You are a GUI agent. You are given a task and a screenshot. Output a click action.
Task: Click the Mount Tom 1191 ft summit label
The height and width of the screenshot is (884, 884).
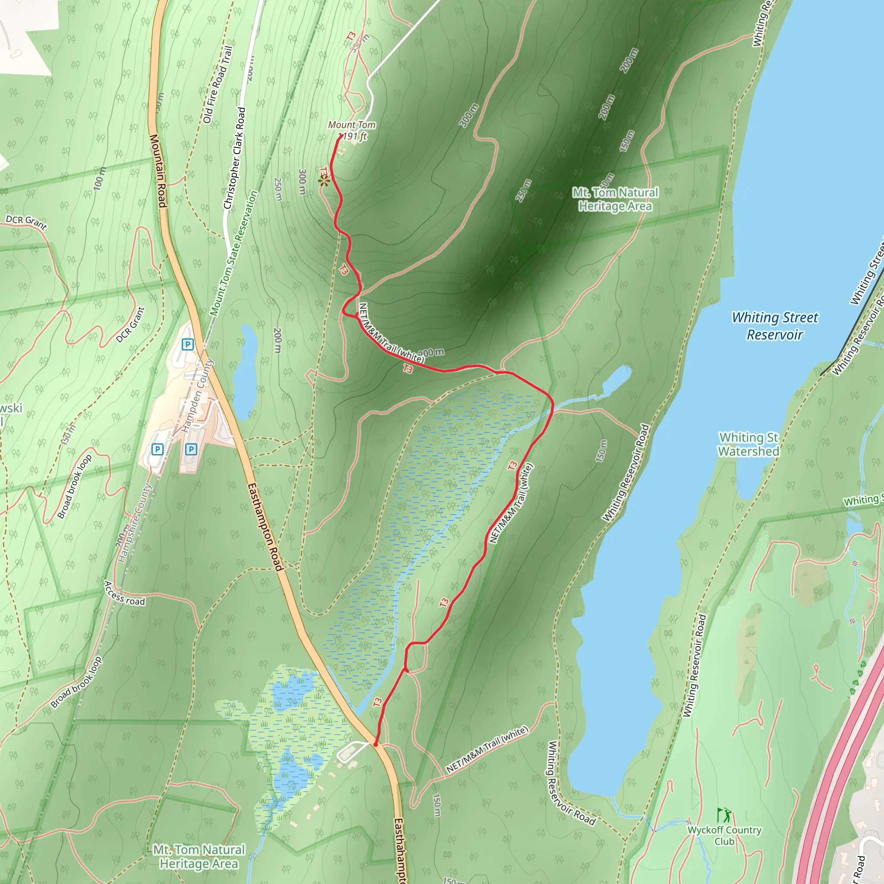coord(352,130)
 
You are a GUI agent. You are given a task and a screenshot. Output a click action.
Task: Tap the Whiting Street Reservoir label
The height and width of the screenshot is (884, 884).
coord(775,326)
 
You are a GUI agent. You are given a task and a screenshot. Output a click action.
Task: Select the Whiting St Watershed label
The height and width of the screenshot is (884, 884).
coord(748,444)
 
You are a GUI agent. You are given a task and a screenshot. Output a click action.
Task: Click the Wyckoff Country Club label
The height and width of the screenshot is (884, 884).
coord(724,836)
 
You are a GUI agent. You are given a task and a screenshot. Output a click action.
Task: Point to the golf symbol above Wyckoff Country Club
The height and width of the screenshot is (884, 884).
coord(725,815)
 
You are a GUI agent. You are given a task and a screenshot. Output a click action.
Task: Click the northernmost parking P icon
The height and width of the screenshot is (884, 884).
coord(188,344)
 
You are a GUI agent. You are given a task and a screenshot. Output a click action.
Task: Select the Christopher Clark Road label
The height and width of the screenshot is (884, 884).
coord(235,158)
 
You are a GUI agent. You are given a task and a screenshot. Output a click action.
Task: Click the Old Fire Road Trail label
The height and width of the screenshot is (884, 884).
coord(218,85)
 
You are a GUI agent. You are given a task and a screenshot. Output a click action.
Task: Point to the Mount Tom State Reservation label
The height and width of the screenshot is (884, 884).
coord(234,253)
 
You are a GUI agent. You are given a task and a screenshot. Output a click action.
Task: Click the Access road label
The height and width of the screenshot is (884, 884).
coord(124,594)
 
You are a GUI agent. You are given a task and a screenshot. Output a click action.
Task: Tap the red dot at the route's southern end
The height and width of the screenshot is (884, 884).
coord(376,745)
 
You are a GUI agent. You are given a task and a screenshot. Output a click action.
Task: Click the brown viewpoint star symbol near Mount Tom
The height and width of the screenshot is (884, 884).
coord(324,182)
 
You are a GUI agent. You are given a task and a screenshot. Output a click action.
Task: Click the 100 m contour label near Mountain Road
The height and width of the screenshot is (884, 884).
coord(99,178)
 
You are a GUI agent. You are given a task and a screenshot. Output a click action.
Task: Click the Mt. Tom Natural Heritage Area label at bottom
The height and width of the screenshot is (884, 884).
coord(199,856)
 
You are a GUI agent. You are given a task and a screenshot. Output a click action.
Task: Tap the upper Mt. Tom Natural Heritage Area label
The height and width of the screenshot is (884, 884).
coord(615,199)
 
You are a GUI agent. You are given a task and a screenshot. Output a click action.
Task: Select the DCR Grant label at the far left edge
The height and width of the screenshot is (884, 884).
coord(26,221)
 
